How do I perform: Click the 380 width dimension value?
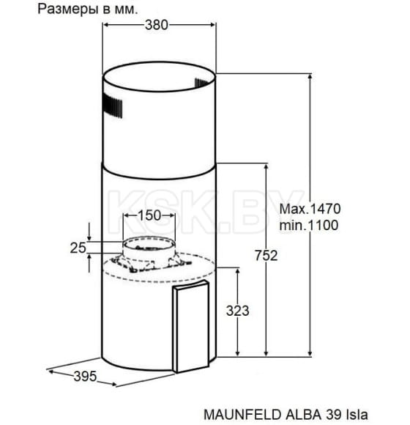click(156, 24)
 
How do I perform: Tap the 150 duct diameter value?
click(149, 215)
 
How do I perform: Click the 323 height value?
click(238, 311)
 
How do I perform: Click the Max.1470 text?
click(311, 209)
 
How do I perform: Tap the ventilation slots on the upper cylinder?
click(110, 107)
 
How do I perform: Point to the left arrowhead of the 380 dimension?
click(104, 24)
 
